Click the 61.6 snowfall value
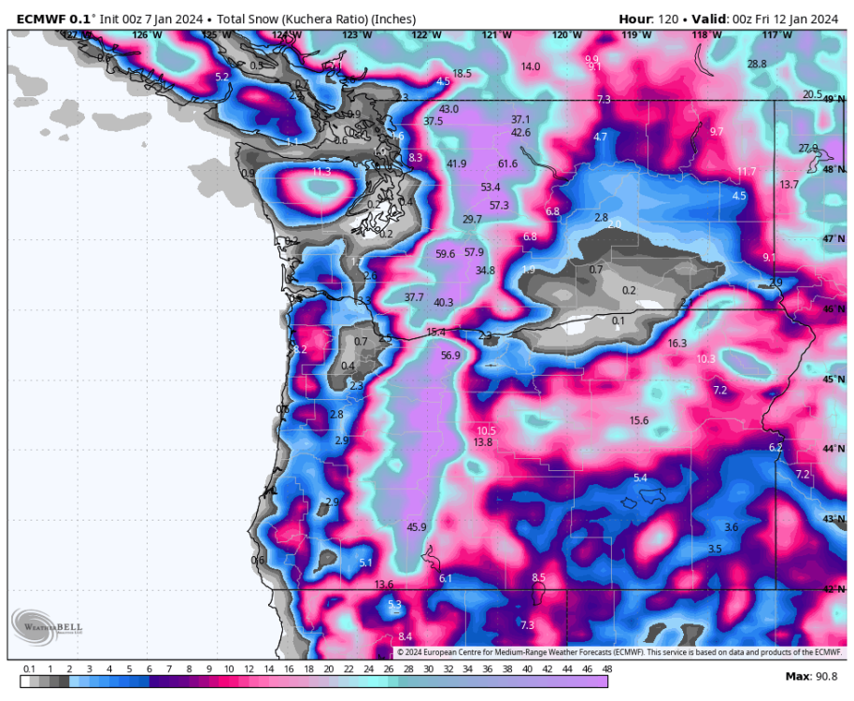(x=507, y=165)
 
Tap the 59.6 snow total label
(x=445, y=254)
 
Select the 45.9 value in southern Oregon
(x=417, y=527)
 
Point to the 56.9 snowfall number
(x=450, y=355)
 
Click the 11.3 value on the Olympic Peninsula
(x=321, y=172)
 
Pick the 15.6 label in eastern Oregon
(x=639, y=421)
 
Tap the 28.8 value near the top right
(x=757, y=64)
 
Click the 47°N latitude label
(x=833, y=239)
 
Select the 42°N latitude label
(x=833, y=589)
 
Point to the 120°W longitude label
(x=566, y=36)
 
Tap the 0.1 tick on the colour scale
(x=29, y=669)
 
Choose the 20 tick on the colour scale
(x=329, y=669)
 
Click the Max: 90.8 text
(x=812, y=677)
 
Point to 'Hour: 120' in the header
(x=648, y=19)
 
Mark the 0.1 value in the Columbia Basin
(x=618, y=321)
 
